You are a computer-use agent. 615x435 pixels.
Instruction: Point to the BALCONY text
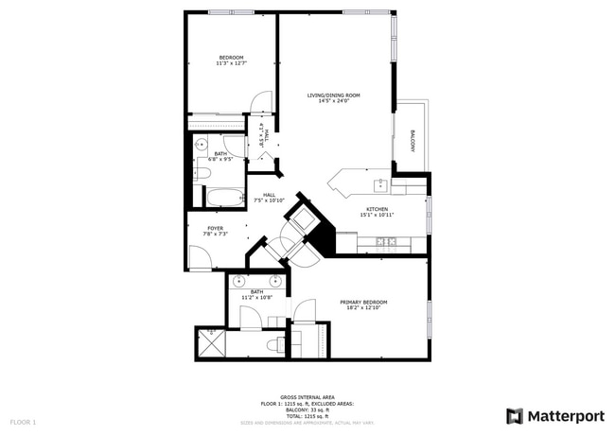[x=413, y=140]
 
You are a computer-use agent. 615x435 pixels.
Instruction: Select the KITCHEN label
[x=378, y=209]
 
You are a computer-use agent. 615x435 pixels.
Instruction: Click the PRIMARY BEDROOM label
[x=363, y=302]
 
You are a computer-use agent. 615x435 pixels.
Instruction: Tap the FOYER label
[x=216, y=228]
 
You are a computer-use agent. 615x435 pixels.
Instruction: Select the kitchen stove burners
[x=385, y=242]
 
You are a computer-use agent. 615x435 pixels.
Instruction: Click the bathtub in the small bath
[x=225, y=198]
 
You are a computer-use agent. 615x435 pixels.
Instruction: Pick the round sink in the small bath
[x=202, y=144]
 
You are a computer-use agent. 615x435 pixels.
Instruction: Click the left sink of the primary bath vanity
[x=238, y=281]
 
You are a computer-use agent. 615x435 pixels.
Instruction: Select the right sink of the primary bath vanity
[x=275, y=281]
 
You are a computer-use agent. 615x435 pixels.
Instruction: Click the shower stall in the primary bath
[x=209, y=343]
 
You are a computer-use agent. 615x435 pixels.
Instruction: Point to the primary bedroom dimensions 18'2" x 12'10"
[x=363, y=308]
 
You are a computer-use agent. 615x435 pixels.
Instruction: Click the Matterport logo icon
[x=515, y=416]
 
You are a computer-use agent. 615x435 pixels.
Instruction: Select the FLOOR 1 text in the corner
[x=23, y=421]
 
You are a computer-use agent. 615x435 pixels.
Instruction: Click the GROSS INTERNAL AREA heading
[x=307, y=397]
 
